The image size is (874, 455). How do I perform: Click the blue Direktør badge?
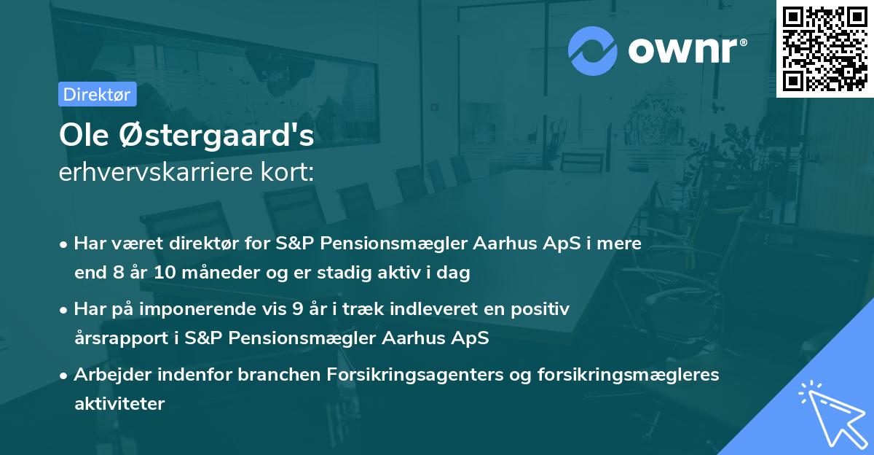tap(97, 94)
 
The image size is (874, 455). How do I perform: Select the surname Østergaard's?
tap(213, 136)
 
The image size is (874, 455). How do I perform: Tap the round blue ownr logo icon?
tap(593, 51)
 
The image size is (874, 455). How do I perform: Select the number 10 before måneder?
tap(164, 273)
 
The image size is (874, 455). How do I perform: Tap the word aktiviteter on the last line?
tap(119, 403)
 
